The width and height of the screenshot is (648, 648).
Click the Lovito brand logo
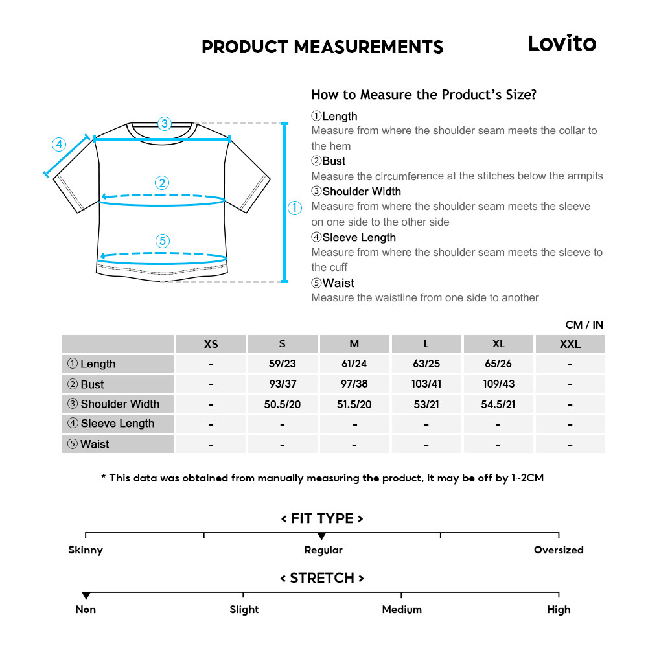(x=561, y=43)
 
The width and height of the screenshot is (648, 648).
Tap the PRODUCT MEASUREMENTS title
(x=322, y=47)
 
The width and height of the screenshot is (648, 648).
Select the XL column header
(x=498, y=344)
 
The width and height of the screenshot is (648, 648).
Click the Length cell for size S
(x=282, y=364)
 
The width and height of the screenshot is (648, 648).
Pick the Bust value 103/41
(x=426, y=384)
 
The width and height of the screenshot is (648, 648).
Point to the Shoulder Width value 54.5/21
(x=498, y=404)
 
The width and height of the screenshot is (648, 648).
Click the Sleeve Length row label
(x=118, y=424)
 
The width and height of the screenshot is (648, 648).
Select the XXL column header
(x=570, y=344)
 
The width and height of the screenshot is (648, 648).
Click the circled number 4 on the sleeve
(x=59, y=144)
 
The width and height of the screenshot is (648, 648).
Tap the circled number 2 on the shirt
(x=163, y=183)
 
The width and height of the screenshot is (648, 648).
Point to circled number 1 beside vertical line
(x=295, y=208)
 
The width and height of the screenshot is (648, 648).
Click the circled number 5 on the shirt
(x=163, y=241)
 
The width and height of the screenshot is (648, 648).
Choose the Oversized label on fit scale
(x=559, y=550)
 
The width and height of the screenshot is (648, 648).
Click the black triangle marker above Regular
(x=321, y=537)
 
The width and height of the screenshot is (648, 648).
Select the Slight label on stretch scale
(x=244, y=610)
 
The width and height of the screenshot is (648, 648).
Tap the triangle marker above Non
(x=86, y=596)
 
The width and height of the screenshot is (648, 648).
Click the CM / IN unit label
(x=584, y=325)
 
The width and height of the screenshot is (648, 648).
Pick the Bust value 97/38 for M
(x=354, y=384)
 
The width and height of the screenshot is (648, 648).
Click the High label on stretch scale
(x=559, y=610)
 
